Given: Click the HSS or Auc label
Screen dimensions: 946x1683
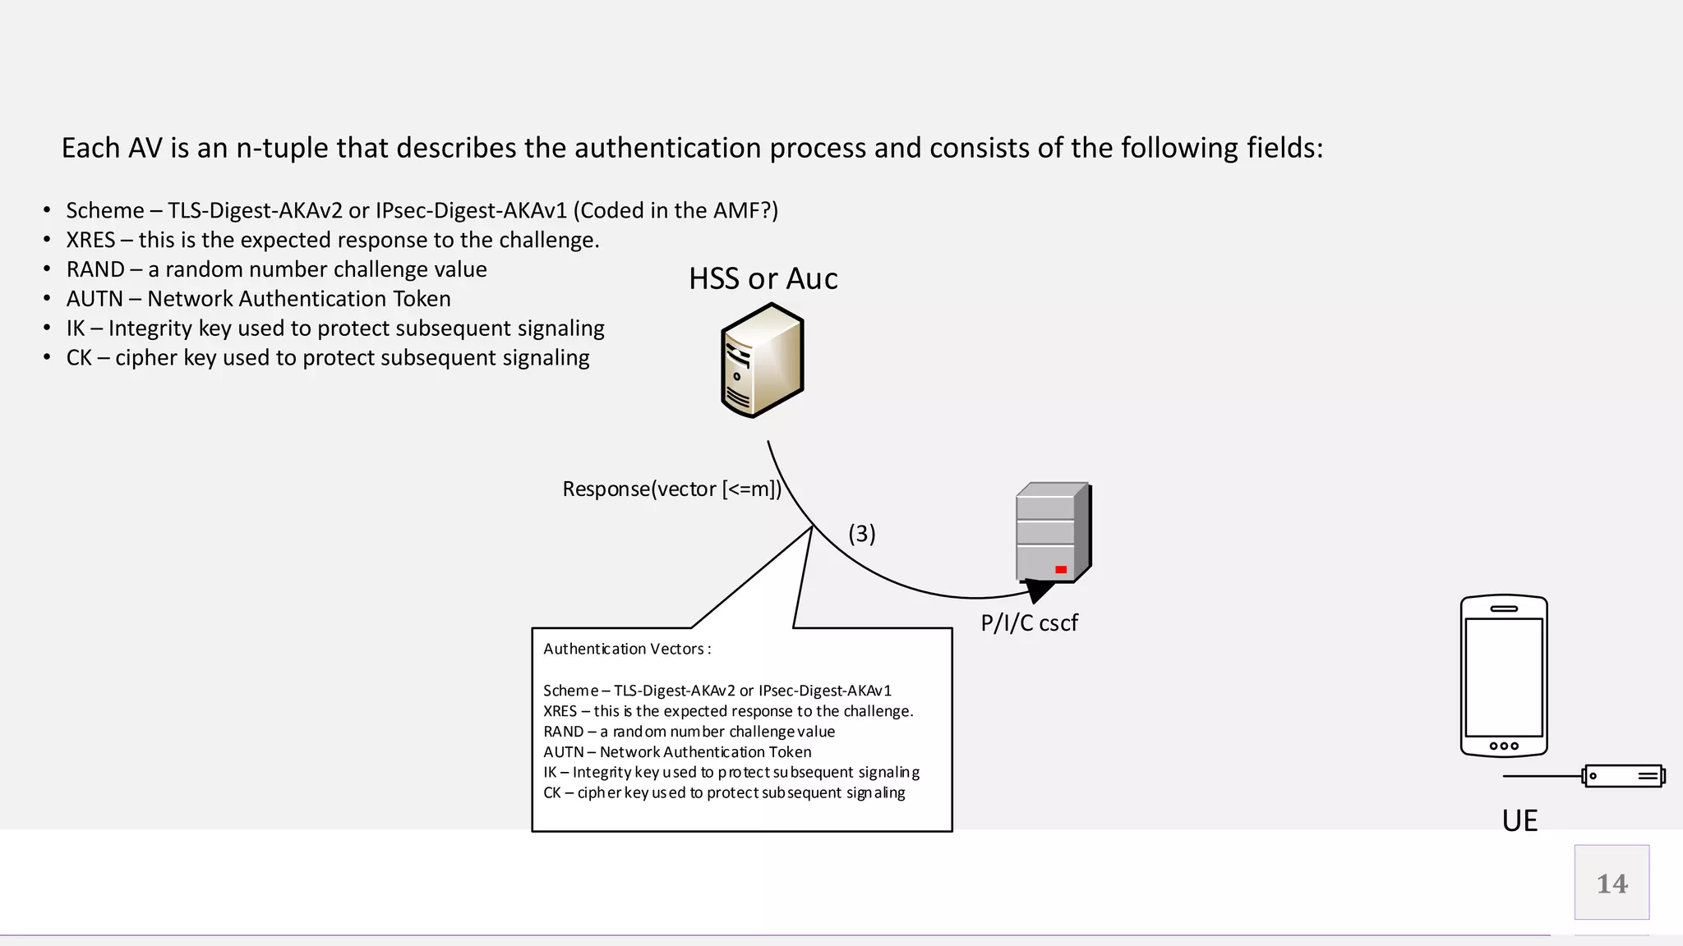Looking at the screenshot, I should [763, 279].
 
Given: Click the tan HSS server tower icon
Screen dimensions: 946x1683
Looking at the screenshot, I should [762, 360].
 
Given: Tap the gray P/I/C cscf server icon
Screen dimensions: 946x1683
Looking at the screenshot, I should [1053, 532].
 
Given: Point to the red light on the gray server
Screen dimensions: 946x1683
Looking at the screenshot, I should [1061, 569].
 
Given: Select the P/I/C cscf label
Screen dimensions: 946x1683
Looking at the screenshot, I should [1029, 623].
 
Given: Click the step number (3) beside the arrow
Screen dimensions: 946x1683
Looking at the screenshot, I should [862, 534].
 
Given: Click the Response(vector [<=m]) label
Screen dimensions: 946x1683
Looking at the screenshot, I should [671, 489].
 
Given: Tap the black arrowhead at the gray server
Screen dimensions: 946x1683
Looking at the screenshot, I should [1039, 590].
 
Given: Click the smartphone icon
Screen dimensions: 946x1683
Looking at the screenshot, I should [1504, 675].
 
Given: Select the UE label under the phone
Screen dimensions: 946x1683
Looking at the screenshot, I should [1519, 820].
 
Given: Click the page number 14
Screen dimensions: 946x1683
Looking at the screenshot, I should [1612, 884].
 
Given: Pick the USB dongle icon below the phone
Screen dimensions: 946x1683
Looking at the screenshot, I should [1623, 776].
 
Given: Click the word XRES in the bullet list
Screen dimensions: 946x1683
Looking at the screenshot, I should [90, 240].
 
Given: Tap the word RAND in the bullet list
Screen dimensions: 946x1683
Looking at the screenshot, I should [95, 269].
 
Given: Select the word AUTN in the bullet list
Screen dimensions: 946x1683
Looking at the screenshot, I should [95, 299].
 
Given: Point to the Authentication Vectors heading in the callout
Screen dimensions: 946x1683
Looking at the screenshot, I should [626, 649].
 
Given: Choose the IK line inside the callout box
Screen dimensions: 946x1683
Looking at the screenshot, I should [731, 772].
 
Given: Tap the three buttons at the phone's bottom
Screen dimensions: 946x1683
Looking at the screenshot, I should [1504, 746].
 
